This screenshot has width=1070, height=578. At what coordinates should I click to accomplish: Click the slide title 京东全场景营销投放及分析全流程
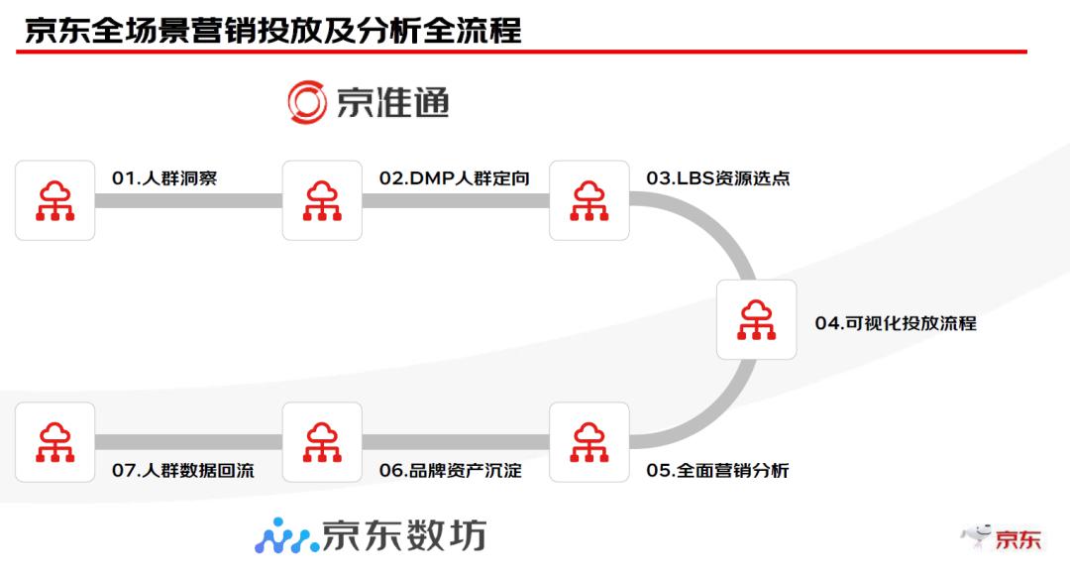pyautogui.click(x=272, y=30)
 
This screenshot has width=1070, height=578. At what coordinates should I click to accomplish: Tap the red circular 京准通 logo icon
pyautogui.click(x=307, y=102)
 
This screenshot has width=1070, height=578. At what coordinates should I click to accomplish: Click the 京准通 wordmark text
pyautogui.click(x=393, y=103)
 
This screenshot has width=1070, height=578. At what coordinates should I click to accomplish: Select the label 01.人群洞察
pyautogui.click(x=164, y=178)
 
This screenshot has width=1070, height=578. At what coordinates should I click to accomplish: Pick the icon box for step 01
pyautogui.click(x=55, y=200)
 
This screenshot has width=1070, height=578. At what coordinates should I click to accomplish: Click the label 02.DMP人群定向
pyautogui.click(x=454, y=178)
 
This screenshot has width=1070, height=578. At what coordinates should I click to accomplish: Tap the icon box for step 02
pyautogui.click(x=322, y=200)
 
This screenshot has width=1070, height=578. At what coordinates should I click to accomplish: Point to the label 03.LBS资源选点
pyautogui.click(x=718, y=178)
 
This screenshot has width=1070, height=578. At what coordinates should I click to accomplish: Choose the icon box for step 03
pyautogui.click(x=589, y=200)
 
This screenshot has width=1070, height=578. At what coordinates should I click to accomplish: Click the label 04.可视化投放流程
pyautogui.click(x=896, y=323)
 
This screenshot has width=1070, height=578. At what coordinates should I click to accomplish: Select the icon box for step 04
pyautogui.click(x=757, y=319)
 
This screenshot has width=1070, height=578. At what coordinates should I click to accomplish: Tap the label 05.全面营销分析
pyautogui.click(x=718, y=471)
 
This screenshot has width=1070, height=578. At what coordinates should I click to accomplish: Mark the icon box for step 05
pyautogui.click(x=589, y=442)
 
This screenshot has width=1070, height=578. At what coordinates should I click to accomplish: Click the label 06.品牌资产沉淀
pyautogui.click(x=451, y=471)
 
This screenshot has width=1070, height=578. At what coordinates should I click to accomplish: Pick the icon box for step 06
pyautogui.click(x=322, y=442)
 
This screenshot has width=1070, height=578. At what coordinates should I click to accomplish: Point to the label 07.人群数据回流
pyautogui.click(x=183, y=471)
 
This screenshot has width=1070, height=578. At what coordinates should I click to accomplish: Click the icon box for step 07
pyautogui.click(x=55, y=442)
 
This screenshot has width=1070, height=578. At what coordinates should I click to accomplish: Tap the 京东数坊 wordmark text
pyautogui.click(x=404, y=535)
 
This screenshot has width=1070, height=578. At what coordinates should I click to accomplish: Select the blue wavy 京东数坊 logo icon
pyautogui.click(x=285, y=535)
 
